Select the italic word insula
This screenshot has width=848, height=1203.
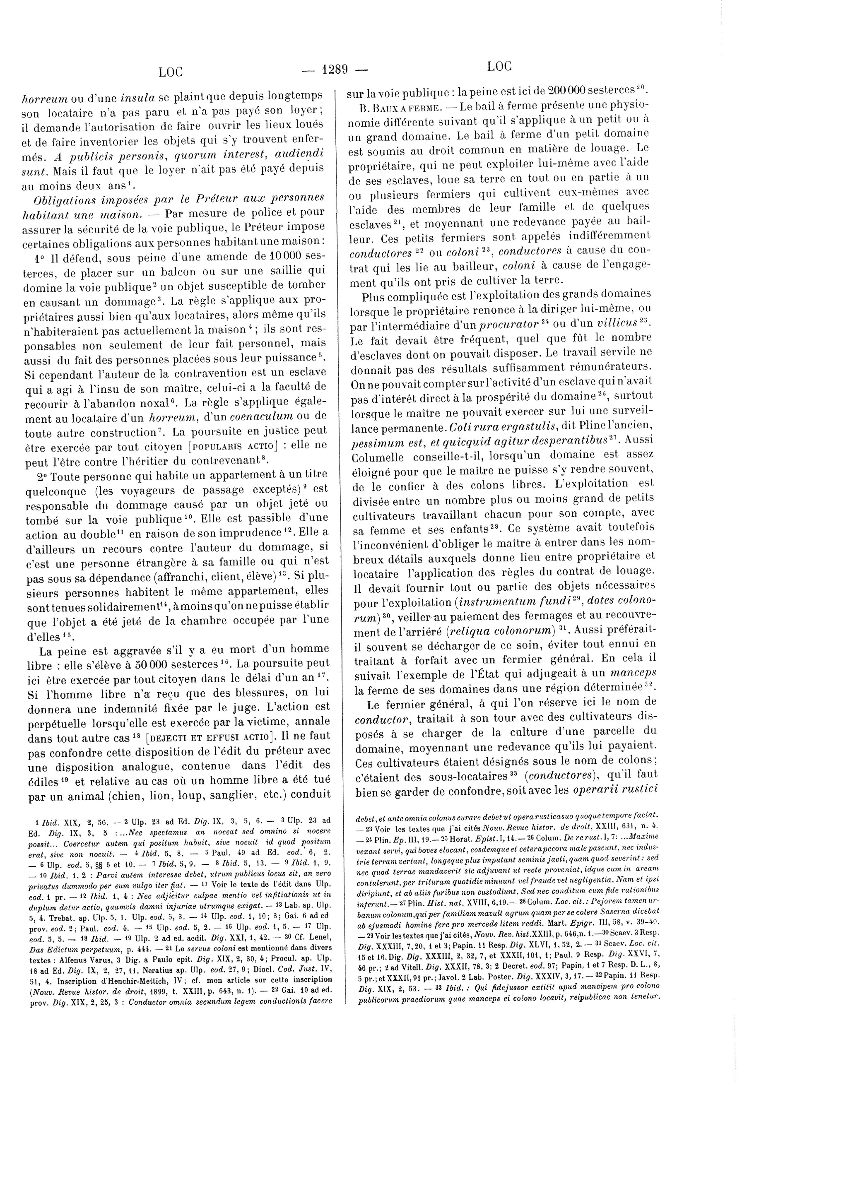pos(137,97)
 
